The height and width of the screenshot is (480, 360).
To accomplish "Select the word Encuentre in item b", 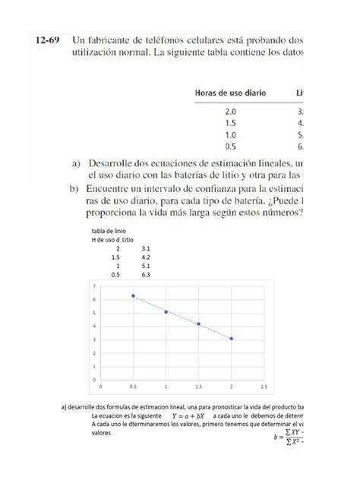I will coord(117,188).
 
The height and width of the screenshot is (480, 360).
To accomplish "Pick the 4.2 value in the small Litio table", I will coord(147,257).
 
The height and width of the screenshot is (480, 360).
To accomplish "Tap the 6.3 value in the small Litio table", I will coord(147,275).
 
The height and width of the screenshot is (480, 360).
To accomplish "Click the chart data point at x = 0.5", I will coord(133,296).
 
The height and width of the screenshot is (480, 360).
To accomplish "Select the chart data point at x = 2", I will coord(231,339).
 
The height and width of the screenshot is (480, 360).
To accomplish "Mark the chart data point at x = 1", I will coord(166,311).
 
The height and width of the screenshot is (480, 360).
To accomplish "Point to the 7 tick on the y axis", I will coord(93,286).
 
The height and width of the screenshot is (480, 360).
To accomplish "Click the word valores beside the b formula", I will coord(100,432).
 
